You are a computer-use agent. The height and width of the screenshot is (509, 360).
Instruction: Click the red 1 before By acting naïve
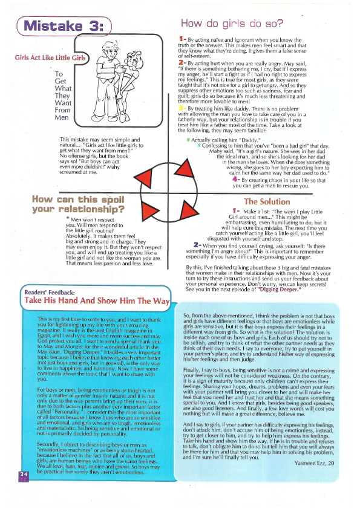pyautogui.click(x=182, y=39)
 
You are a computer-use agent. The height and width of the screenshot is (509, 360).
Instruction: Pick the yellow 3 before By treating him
pyautogui.click(x=182, y=108)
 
